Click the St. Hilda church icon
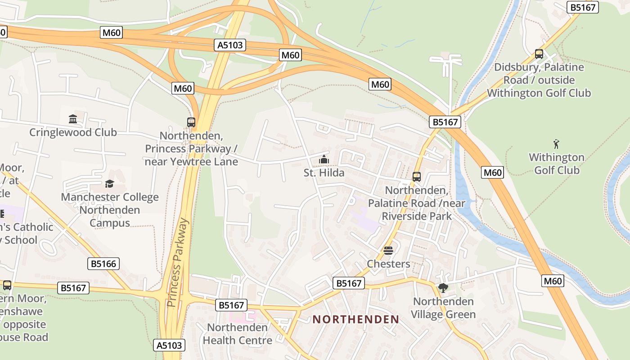pos(324,159)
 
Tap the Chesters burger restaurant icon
pos(388,251)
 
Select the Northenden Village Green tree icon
pos(443,288)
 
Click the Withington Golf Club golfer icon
pos(557,144)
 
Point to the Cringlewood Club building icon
pos(73,119)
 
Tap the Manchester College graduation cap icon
pos(109,184)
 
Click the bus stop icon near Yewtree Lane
pos(191,122)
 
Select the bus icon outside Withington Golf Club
pos(539,54)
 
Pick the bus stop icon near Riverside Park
pos(417,177)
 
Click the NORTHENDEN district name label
pos(356,319)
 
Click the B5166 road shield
pos(103,264)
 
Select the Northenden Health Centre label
pos(237,334)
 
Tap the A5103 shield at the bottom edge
pos(170,345)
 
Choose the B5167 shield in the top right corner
pos(583,7)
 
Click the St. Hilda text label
pos(324,173)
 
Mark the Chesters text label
pos(388,264)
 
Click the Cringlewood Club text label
pos(73,132)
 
